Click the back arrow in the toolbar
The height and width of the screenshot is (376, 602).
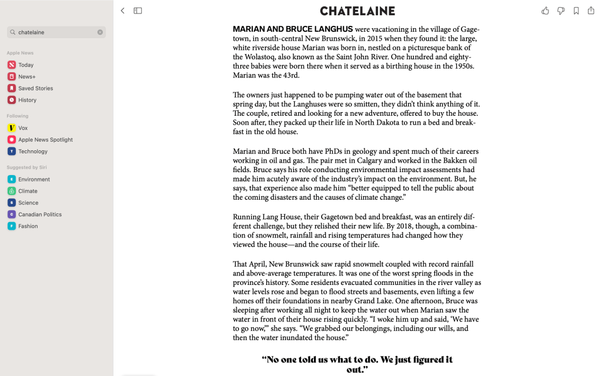pos(122,11)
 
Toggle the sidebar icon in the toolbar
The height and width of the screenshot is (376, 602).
pos(138,11)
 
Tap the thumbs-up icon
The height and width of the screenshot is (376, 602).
pos(545,11)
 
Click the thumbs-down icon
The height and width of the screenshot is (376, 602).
pos(561,11)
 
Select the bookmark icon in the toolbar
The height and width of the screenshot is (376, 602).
pos(576,11)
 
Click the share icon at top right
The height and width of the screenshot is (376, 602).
pos(591,11)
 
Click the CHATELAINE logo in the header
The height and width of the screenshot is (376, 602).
pos(357,11)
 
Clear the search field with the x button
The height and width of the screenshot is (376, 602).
pos(100,32)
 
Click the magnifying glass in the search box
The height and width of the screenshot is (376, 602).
pos(13,32)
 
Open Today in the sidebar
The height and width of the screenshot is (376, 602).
pos(26,65)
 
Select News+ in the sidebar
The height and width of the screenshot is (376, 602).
pos(26,77)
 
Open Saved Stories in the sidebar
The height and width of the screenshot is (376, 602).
pos(35,89)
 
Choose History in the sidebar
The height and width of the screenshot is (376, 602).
pos(27,100)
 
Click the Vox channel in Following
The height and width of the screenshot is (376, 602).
pos(23,128)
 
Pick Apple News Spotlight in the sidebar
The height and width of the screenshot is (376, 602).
pos(45,140)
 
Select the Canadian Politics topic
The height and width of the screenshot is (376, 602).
pos(40,214)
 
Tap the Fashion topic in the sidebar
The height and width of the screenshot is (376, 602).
pos(28,226)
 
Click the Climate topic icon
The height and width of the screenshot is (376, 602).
pos(12,191)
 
